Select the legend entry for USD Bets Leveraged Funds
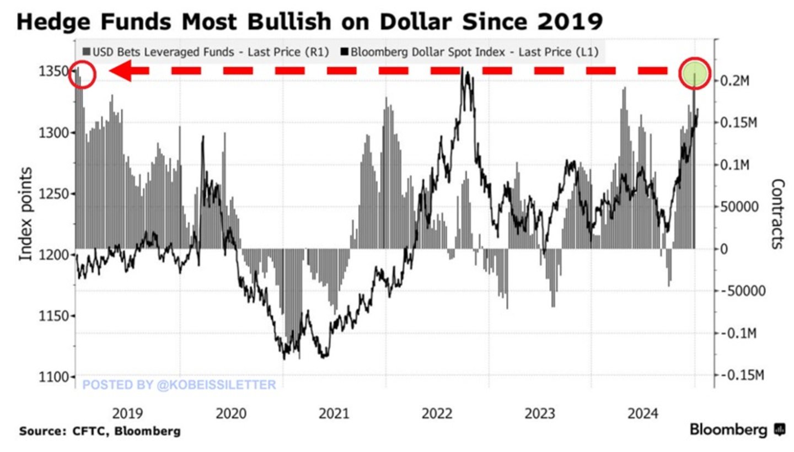click(205, 52)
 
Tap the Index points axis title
click(26, 214)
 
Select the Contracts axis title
click(776, 214)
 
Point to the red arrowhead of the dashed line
click(121, 71)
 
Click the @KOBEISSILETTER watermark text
click(179, 384)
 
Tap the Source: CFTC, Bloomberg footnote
click(100, 431)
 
